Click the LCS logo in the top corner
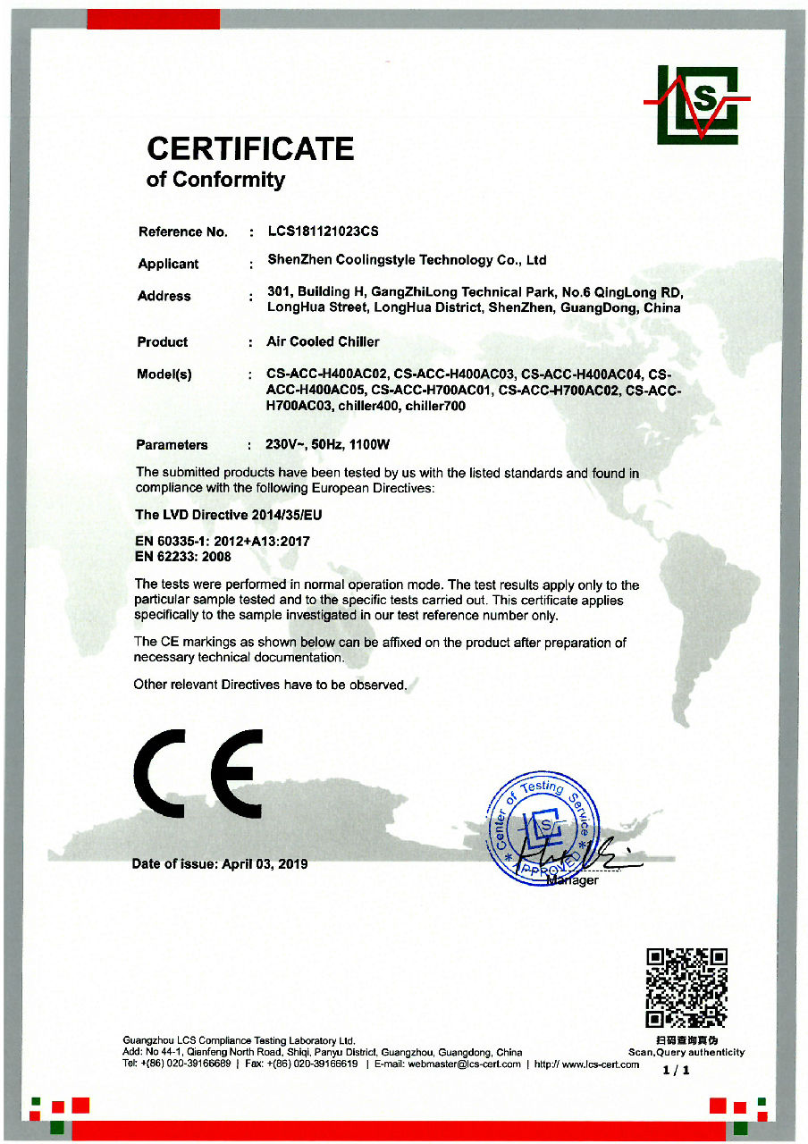697,105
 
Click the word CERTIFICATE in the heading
250,148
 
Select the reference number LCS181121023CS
324,231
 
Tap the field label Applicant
168,264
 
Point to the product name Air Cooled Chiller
323,341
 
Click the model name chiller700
436,407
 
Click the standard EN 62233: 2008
182,556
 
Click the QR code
686,988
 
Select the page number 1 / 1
677,1071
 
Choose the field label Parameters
172,444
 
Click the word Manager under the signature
571,880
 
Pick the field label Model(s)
164,374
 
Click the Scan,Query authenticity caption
686,1052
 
